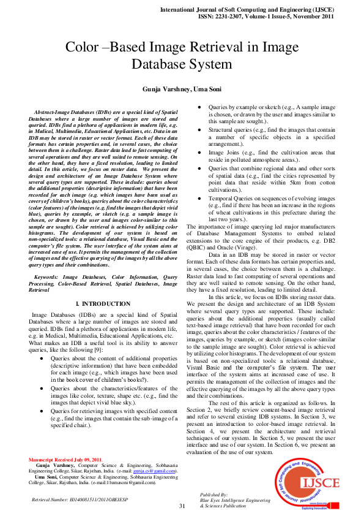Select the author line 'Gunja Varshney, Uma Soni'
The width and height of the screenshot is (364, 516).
[x=182, y=89]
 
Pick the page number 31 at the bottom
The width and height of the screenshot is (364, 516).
[x=182, y=506]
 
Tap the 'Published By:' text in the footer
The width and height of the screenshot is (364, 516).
[x=214, y=493]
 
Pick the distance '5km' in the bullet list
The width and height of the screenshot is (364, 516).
[x=299, y=182]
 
